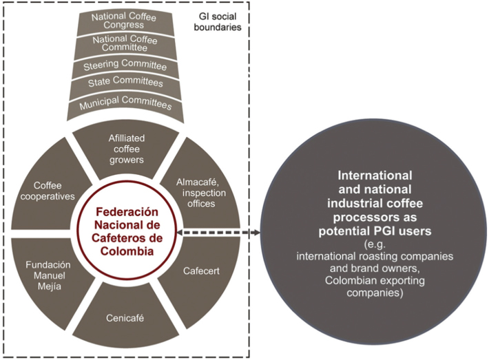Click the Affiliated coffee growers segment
coord(126,147)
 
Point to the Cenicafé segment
coord(126,317)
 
